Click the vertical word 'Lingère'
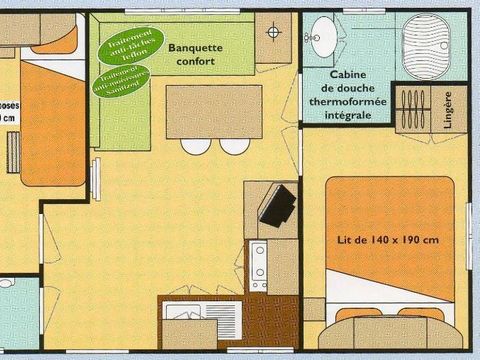tap(446, 112)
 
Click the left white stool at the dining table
tap(196, 146)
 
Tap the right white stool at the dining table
tap(234, 146)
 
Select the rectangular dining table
tap(207, 110)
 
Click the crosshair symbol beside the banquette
tap(273, 31)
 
